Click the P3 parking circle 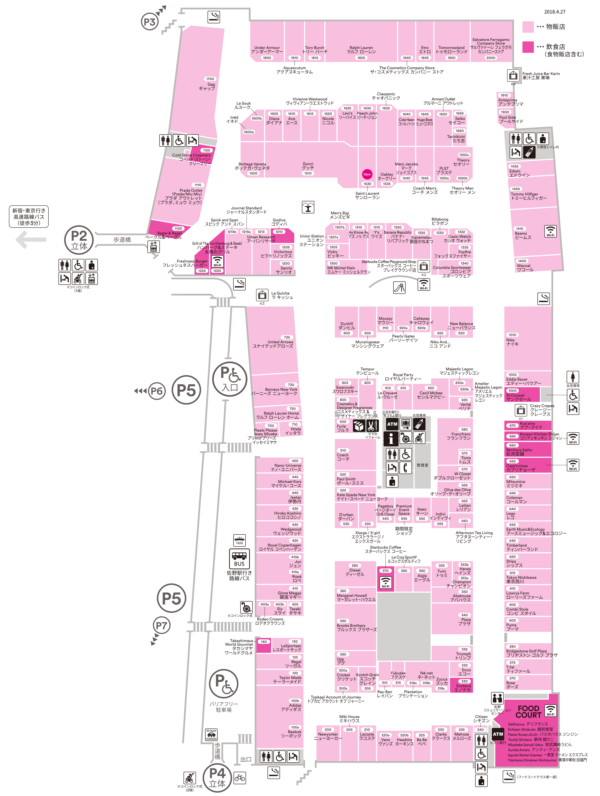click(149, 22)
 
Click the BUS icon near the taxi click(239, 559)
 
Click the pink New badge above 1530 click(367, 174)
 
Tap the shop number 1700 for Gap click(210, 79)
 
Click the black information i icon click(391, 438)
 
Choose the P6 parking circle click(156, 391)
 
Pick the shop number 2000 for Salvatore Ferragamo click(491, 58)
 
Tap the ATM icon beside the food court click(498, 734)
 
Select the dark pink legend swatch click(528, 47)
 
